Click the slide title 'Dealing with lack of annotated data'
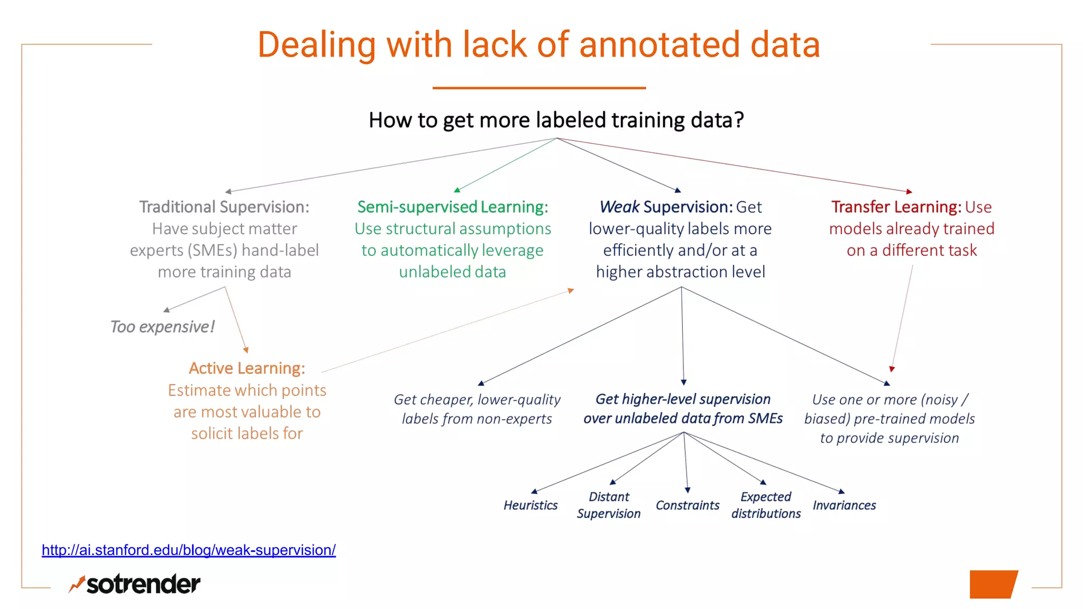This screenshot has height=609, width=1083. [x=538, y=44]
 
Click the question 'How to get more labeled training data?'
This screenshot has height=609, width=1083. [x=556, y=120]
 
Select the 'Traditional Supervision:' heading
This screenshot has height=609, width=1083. [x=224, y=207]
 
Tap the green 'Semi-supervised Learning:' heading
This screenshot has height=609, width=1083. [x=453, y=207]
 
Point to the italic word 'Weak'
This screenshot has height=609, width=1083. [x=619, y=207]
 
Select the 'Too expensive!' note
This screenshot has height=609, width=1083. [x=162, y=327]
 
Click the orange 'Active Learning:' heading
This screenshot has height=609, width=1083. [x=247, y=368]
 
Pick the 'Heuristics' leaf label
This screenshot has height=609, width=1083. [x=530, y=505]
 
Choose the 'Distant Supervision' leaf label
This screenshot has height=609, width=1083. [x=609, y=505]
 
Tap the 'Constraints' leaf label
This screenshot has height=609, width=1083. [x=687, y=505]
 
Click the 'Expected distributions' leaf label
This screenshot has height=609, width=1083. [x=766, y=505]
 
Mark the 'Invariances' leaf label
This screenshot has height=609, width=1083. [x=844, y=505]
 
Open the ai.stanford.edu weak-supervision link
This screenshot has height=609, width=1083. [x=189, y=550]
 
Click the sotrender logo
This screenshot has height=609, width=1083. [x=135, y=584]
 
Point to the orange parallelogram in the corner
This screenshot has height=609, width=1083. [x=993, y=584]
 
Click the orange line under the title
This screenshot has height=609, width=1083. [x=539, y=88]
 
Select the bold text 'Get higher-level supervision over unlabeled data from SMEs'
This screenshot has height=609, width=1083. [x=683, y=409]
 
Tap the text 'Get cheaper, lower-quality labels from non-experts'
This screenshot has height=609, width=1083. [x=477, y=409]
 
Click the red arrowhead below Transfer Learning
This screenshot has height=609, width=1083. [x=892, y=369]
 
